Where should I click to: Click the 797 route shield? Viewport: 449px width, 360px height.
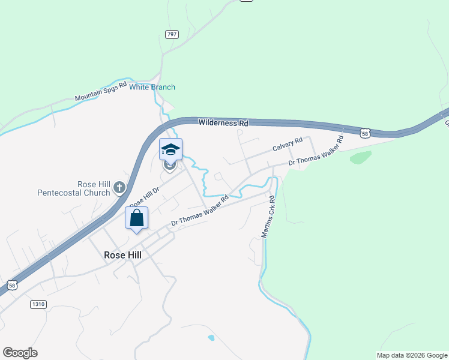(x=172, y=34)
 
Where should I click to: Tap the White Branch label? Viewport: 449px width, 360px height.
(x=152, y=87)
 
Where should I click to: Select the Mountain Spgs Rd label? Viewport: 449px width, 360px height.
(x=101, y=92)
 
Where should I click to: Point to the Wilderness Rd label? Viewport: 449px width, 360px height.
(x=223, y=123)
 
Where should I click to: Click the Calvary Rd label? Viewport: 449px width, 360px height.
(x=287, y=146)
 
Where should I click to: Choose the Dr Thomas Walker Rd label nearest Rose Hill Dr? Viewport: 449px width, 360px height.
(x=200, y=211)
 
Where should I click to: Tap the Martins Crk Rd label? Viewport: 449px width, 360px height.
(x=268, y=217)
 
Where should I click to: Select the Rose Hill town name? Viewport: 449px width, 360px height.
(x=122, y=254)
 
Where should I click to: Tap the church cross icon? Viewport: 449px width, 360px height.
(x=119, y=188)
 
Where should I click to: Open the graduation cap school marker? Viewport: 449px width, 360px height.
(x=170, y=149)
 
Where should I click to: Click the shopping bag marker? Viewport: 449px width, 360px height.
(x=136, y=218)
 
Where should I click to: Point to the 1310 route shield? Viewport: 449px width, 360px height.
(x=38, y=304)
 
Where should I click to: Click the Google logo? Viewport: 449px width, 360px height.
(x=20, y=353)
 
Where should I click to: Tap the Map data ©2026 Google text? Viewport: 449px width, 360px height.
(x=411, y=355)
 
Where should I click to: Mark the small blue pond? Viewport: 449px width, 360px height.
(x=211, y=338)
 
